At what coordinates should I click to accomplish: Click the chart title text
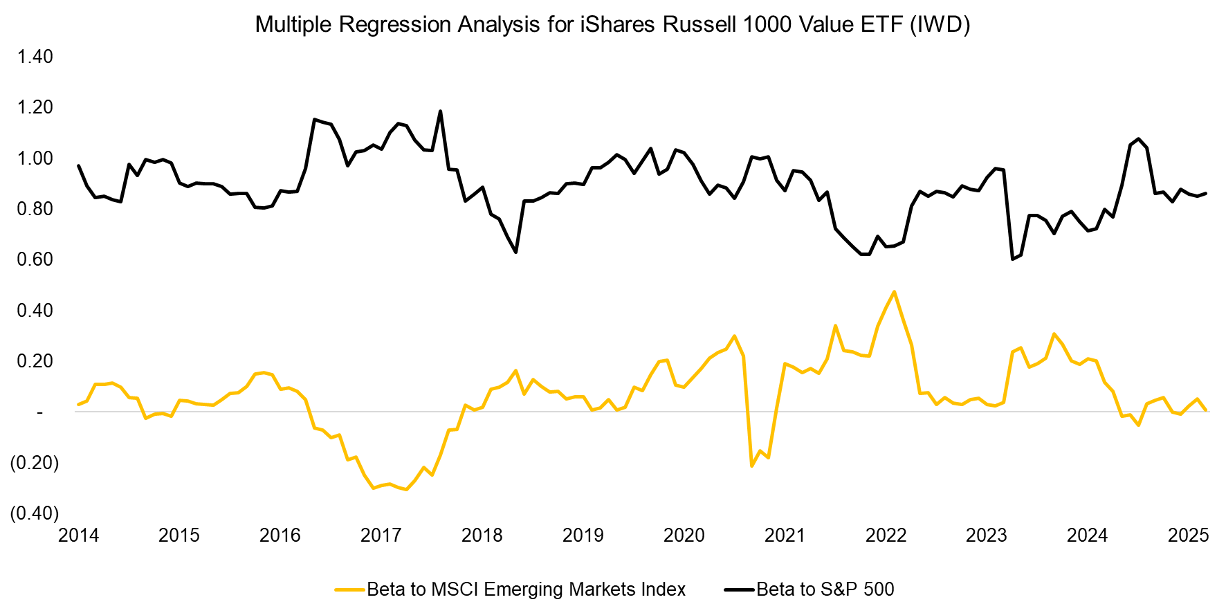point(612,24)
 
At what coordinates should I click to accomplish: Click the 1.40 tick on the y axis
point(35,57)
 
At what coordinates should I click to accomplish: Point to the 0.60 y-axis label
point(35,259)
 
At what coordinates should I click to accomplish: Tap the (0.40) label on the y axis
point(34,513)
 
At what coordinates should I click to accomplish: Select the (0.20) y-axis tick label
point(34,462)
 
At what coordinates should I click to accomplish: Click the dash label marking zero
point(39,412)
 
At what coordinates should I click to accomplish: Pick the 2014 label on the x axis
point(78,536)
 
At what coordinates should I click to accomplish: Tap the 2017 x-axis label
point(381,536)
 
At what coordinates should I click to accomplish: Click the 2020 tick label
point(684,536)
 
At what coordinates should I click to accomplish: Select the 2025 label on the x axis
point(1188,536)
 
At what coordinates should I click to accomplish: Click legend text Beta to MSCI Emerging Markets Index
point(526,589)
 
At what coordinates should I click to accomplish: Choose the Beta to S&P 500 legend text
point(825,589)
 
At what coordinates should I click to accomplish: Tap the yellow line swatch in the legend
point(349,590)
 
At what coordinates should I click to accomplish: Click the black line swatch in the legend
point(739,590)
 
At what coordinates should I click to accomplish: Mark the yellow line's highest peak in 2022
point(894,292)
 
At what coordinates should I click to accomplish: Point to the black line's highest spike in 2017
point(441,111)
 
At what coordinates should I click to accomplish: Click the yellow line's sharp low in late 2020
point(752,466)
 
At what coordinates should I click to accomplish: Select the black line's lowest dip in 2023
point(1012,259)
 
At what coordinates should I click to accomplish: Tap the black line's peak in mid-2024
point(1138,139)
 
